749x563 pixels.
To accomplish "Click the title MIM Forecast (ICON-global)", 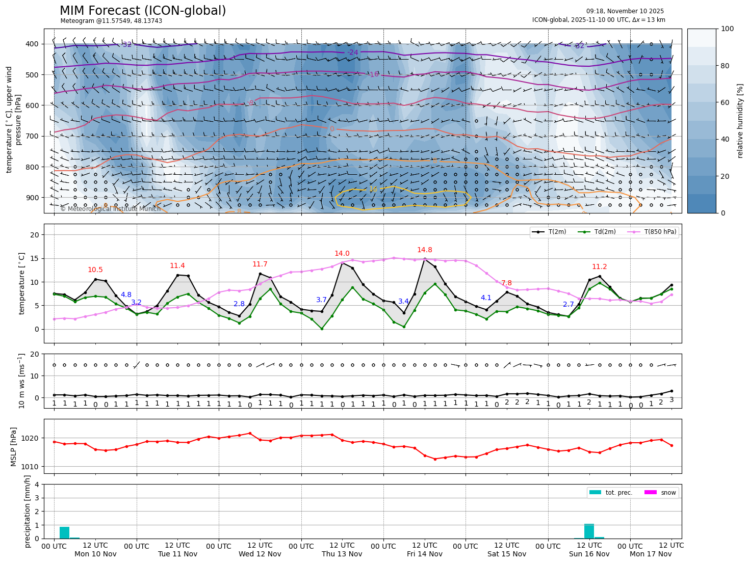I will (x=143, y=11).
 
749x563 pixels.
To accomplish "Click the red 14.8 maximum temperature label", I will (x=424, y=250).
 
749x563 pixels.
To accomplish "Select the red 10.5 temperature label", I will (x=95, y=270).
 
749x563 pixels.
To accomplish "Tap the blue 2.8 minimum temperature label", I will (x=239, y=304).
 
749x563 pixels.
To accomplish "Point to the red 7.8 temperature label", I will (x=506, y=283).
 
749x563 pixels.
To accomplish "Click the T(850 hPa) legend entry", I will (x=660, y=232).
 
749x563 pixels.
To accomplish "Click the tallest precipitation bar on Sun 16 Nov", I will (x=589, y=531).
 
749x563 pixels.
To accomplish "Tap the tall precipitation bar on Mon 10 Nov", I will (x=64, y=532).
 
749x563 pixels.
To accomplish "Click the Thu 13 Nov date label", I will (x=342, y=554).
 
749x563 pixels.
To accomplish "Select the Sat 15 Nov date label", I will (x=506, y=554).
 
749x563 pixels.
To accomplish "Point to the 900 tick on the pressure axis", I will (x=32, y=198).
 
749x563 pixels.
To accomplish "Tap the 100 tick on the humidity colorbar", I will (x=728, y=29).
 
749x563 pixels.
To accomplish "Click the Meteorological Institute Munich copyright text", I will (x=110, y=209).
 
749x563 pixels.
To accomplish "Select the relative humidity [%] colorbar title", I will (x=740, y=121).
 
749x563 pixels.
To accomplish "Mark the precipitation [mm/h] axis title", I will (x=28, y=511).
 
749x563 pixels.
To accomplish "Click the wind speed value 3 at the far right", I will (x=671, y=400).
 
